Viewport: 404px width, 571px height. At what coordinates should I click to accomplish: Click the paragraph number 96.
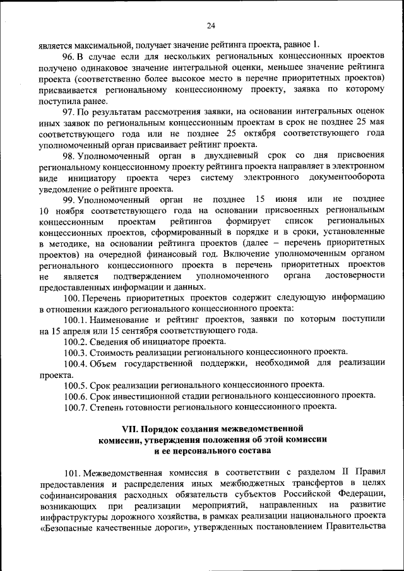point(69,56)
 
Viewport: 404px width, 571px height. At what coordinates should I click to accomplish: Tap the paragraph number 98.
point(69,155)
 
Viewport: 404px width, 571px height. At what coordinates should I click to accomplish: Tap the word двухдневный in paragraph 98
point(227,155)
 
